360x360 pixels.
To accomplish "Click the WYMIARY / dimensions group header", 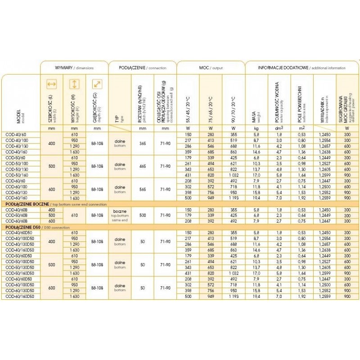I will [74, 67].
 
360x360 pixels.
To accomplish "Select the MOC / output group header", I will [211, 67].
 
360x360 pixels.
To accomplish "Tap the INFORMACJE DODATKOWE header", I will [301, 67].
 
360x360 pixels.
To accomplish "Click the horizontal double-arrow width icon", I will [52, 84].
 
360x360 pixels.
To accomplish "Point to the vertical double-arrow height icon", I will [74, 84].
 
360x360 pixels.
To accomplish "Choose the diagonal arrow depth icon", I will [97, 84].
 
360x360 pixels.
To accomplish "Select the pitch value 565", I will [142, 189].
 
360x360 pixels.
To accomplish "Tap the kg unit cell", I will [256, 129].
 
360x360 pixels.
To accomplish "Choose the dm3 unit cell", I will [279, 129].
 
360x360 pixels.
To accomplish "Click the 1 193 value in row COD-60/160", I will [233, 198].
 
